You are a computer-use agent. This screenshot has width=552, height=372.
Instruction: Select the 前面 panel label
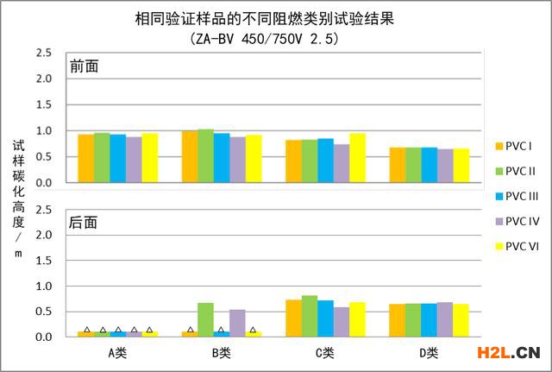(85, 66)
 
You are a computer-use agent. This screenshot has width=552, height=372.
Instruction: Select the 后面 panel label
(85, 222)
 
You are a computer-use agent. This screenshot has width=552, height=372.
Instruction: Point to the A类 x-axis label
(118, 352)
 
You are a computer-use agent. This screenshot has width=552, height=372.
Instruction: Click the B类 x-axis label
(222, 352)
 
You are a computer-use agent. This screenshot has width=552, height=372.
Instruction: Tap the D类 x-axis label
(429, 352)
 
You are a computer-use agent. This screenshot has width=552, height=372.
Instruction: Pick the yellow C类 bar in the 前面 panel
(357, 158)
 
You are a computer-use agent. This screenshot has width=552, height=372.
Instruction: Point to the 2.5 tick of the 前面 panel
(43, 53)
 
